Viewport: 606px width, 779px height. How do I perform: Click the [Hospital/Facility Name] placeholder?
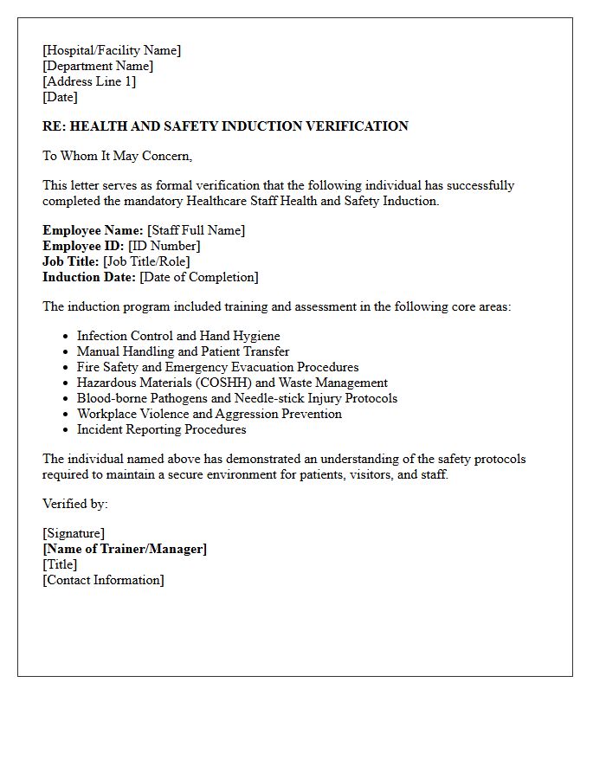[x=112, y=51]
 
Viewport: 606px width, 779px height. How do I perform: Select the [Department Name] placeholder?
[x=98, y=67]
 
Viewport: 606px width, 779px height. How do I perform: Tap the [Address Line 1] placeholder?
[x=89, y=82]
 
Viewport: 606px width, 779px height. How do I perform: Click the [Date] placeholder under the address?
[x=60, y=98]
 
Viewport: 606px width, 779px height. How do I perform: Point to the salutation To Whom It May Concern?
[x=117, y=157]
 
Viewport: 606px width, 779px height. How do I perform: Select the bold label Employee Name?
[x=93, y=230]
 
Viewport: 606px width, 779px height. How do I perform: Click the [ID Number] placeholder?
[x=164, y=246]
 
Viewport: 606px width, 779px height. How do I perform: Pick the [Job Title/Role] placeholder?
[x=146, y=261]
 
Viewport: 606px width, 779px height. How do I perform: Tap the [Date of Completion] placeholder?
[x=198, y=277]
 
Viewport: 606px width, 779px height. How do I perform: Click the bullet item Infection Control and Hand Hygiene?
[x=178, y=336]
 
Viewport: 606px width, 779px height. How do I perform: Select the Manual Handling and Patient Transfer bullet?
[x=183, y=351]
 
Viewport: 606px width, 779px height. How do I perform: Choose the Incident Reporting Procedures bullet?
[x=161, y=429]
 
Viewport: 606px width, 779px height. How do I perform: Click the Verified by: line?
[x=75, y=504]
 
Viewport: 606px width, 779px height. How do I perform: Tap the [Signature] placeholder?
[x=74, y=534]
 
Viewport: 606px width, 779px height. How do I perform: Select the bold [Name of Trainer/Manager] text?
[x=125, y=550]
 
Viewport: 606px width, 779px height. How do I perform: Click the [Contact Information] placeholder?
[x=103, y=581]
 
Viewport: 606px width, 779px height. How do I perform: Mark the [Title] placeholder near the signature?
[x=60, y=565]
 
